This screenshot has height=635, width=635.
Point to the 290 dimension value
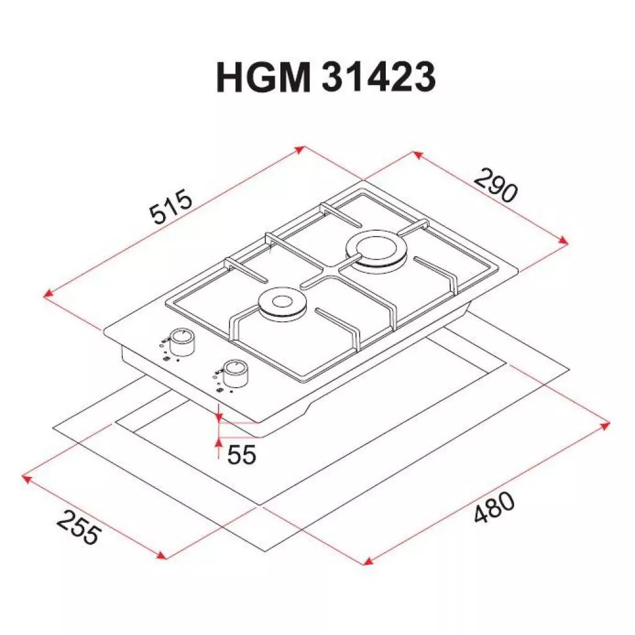point(495,185)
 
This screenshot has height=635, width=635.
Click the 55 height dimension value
point(241,455)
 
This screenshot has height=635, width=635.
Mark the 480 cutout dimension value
point(494,508)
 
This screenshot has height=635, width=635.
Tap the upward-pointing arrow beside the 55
point(218,442)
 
